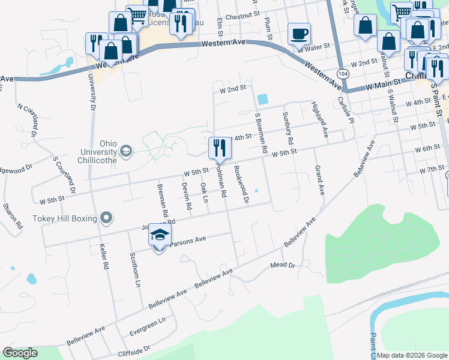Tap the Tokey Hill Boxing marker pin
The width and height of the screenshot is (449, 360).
click(x=106, y=217)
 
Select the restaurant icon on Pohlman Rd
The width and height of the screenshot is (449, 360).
click(x=218, y=148)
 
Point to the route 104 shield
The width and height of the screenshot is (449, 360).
click(x=342, y=74)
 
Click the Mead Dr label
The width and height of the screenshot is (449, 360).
click(x=283, y=265)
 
